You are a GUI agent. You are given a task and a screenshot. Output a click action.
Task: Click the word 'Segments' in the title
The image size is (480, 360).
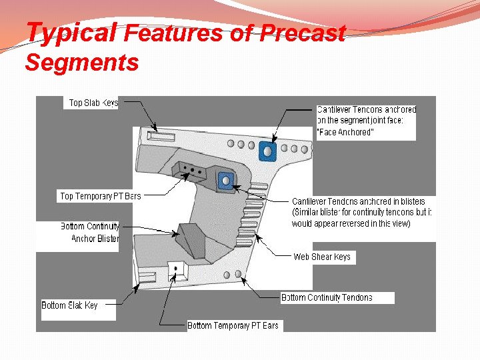(x=81, y=63)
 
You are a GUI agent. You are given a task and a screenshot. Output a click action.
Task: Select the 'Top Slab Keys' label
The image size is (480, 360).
(x=93, y=103)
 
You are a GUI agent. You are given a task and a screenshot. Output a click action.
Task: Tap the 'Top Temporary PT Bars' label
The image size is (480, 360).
(x=100, y=196)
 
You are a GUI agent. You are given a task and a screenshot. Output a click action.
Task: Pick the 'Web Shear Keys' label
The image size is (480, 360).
(x=322, y=257)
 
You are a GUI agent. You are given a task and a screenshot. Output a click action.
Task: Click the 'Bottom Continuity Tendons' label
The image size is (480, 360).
(x=327, y=297)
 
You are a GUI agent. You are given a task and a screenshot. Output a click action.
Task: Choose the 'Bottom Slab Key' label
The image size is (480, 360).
(x=70, y=305)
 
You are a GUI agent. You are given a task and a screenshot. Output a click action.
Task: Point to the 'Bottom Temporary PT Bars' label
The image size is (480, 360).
(x=233, y=325)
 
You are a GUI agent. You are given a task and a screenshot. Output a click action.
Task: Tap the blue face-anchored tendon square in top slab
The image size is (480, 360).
(x=267, y=151)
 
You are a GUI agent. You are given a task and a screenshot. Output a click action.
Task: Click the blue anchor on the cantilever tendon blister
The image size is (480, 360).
(x=225, y=180)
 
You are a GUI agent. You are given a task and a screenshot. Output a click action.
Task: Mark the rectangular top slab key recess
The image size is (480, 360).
(x=160, y=137)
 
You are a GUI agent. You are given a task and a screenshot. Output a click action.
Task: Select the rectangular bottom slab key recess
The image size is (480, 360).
(x=145, y=276)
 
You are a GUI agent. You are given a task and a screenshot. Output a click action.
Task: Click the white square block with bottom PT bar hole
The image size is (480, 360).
(x=177, y=269)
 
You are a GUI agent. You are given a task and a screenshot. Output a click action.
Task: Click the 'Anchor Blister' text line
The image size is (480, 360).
(x=95, y=238)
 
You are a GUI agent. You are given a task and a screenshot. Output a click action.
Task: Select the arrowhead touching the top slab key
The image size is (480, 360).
(x=154, y=128)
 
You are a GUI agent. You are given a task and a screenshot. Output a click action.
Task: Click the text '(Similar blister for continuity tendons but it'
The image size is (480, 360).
(x=361, y=212)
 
